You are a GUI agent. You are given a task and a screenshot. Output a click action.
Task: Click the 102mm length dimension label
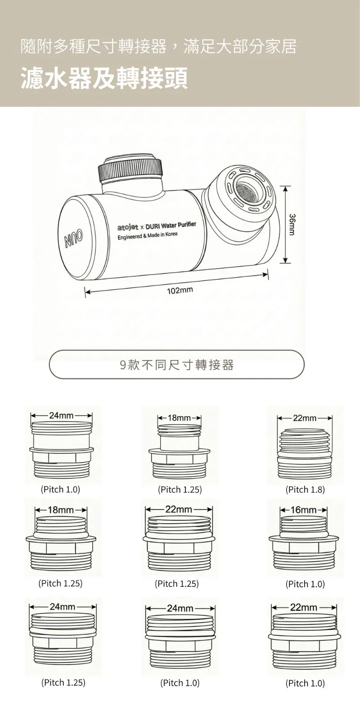coord(180,291)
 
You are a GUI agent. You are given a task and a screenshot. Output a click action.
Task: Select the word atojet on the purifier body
coord(128,228)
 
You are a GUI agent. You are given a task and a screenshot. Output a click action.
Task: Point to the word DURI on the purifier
coord(153,225)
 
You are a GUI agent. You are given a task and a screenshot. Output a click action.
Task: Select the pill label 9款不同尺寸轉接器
coord(177,364)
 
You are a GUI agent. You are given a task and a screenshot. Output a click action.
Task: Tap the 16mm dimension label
coord(303,510)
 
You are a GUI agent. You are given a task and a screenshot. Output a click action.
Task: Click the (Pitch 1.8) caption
coord(305,490)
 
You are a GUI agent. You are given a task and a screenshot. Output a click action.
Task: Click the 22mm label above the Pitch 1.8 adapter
coord(305,418)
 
